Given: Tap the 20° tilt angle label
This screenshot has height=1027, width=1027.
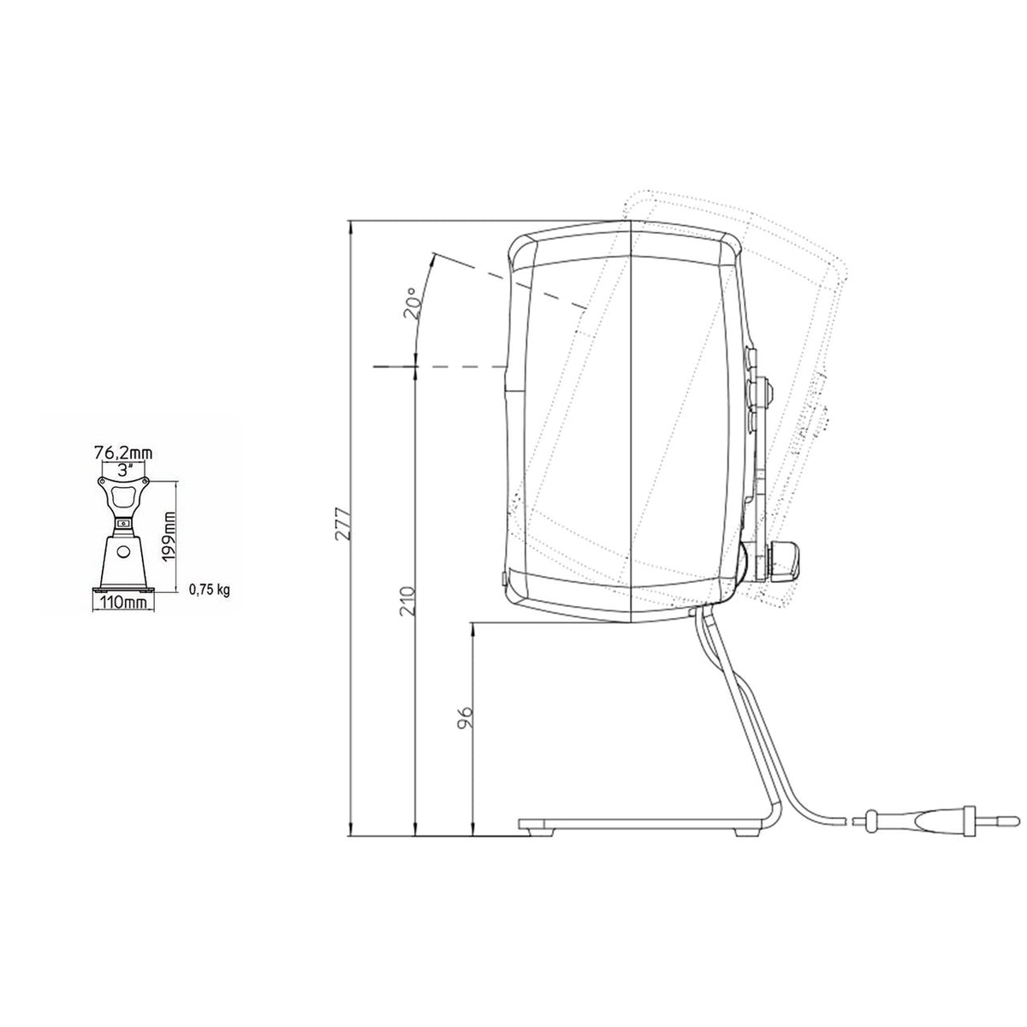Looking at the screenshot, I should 413,301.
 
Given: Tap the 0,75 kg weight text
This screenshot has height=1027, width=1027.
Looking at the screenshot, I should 209,590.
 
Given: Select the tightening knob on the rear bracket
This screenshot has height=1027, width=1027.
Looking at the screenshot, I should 785,560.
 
